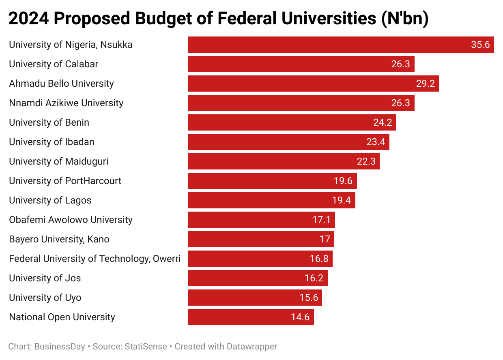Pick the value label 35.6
coord(480,45)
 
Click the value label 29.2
coord(426,84)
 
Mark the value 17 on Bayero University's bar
coord(325,239)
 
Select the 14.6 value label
coord(300,317)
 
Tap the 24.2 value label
coord(382,122)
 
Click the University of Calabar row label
coord(54,64)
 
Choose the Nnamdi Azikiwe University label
coord(66,103)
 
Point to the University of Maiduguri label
coord(59,161)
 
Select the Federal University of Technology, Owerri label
coord(95,259)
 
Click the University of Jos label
coord(45,278)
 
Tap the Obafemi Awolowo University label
coord(71,220)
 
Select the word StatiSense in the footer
coord(146,347)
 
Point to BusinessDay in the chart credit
coord(60,347)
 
